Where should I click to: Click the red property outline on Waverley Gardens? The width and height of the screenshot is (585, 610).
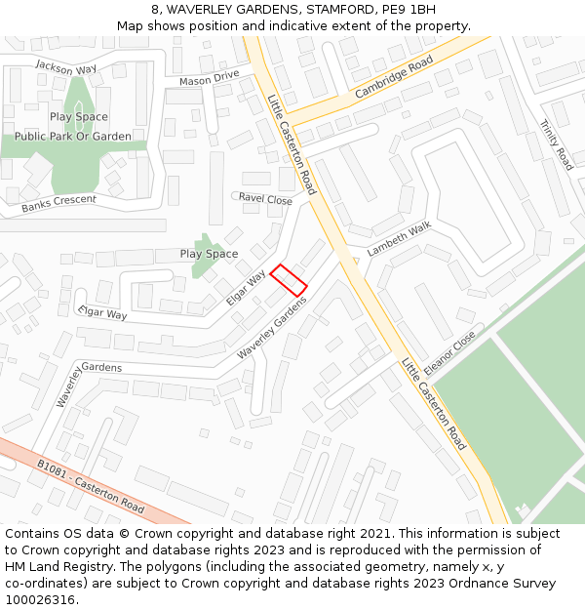(289, 280)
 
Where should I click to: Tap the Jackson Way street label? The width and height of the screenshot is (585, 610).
(66, 67)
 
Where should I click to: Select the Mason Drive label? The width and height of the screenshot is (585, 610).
(209, 78)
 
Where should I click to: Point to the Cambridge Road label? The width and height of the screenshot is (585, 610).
(393, 77)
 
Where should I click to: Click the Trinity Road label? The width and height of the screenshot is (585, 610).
(557, 144)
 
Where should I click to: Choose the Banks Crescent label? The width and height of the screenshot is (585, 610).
(58, 203)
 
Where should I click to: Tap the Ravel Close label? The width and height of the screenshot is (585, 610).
(265, 199)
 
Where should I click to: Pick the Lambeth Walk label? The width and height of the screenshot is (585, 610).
(399, 239)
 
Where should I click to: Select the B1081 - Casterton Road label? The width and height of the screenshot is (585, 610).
(91, 487)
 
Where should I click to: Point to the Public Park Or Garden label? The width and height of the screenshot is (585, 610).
(73, 137)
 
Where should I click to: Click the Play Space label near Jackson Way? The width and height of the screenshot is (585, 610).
(79, 117)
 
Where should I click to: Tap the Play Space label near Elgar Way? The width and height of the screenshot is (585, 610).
(209, 254)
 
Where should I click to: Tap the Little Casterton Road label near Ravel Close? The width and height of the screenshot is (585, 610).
(292, 143)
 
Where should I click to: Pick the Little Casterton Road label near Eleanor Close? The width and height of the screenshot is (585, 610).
(434, 403)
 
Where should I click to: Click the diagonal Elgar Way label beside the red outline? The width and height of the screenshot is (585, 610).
(246, 288)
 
